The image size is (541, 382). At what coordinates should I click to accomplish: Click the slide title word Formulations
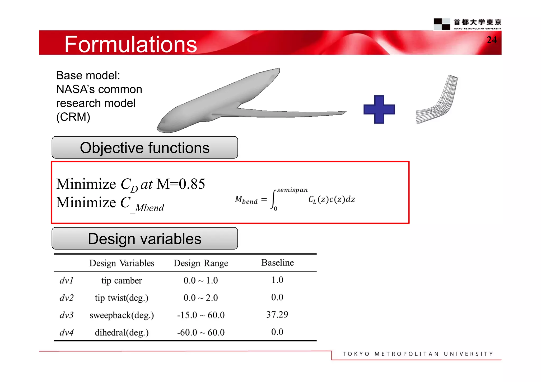(x=130, y=44)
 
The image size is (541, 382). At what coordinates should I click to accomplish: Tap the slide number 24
(x=492, y=40)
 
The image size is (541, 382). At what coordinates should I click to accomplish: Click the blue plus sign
(x=379, y=109)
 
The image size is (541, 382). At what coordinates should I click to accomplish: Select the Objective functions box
(x=145, y=147)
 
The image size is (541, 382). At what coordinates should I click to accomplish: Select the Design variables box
(x=145, y=238)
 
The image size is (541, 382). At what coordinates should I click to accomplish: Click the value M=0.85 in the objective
(x=181, y=184)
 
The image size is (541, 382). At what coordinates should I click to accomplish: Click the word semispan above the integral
(x=292, y=190)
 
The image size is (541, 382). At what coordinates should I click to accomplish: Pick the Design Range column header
(x=201, y=263)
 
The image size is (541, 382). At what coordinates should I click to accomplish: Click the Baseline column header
(x=277, y=262)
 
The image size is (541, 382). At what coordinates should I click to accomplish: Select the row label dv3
(x=66, y=315)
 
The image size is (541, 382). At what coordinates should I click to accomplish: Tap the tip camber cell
(x=122, y=280)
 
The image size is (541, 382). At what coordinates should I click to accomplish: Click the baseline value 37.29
(x=277, y=314)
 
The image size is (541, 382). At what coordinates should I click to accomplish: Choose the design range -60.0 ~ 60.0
(x=201, y=332)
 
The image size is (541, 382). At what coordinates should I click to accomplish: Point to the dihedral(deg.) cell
(x=122, y=332)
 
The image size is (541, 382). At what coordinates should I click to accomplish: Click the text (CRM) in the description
(x=73, y=117)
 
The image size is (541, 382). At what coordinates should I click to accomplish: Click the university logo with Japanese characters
(x=468, y=24)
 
